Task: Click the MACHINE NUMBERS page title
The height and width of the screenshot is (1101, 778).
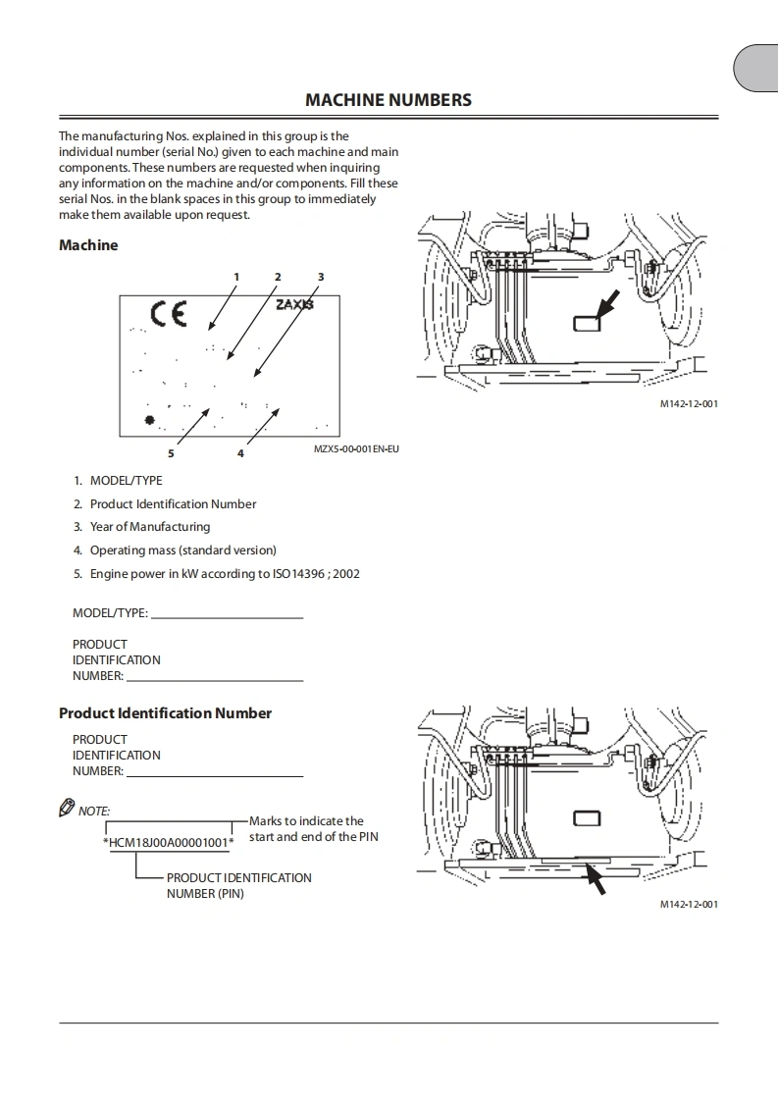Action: point(388,100)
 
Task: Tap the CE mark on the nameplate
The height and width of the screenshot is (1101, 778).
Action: point(168,314)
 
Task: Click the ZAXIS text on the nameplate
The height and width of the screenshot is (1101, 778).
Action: point(294,305)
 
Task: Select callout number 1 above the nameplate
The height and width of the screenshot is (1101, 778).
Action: point(236,277)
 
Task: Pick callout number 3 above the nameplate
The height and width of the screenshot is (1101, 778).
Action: point(321,277)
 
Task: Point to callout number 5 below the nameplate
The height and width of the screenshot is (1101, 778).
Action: point(171,453)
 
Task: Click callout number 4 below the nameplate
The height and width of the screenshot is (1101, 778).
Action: point(240,453)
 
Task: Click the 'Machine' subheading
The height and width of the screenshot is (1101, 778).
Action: point(88,245)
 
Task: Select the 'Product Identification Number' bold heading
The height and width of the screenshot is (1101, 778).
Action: point(165,713)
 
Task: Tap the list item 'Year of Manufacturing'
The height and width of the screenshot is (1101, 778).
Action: point(149,527)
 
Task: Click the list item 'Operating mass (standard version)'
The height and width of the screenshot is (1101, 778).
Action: point(182,550)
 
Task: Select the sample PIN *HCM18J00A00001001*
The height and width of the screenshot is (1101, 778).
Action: point(168,843)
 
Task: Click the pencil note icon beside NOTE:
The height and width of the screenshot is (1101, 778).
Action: point(67,809)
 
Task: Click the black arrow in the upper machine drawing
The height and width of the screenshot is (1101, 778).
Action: point(606,302)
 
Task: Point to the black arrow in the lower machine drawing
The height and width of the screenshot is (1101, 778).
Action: point(595,877)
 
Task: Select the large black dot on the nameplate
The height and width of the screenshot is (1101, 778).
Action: point(150,421)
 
